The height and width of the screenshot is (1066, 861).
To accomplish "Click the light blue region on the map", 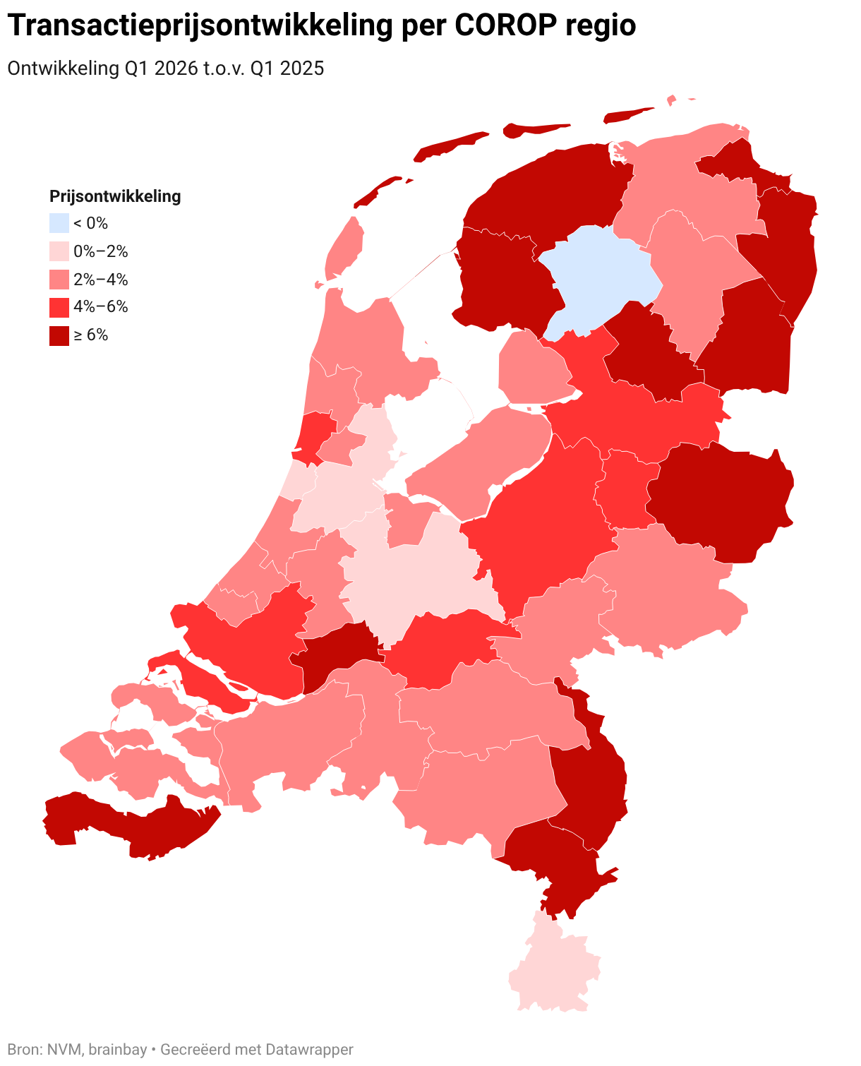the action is (600, 282).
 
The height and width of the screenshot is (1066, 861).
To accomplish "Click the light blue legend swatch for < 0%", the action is (59, 223).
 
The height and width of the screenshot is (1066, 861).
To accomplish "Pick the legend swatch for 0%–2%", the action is (59, 251).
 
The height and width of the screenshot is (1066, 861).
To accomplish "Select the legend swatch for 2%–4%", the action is (59, 280).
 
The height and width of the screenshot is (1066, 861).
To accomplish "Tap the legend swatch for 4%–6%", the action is (59, 307).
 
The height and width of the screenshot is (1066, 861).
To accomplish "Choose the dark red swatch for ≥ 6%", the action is (59, 335).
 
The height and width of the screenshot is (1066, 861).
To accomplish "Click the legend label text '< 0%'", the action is (91, 223).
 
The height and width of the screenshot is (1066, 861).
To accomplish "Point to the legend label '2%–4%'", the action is (101, 280).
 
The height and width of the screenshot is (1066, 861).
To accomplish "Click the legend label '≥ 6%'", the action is (91, 335).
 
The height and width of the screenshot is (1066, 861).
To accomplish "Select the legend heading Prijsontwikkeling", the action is (115, 196).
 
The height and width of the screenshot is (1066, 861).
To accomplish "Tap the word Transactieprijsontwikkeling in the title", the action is (200, 25).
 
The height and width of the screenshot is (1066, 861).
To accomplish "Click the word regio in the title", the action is (603, 25).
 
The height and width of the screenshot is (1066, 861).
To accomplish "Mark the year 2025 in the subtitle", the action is (301, 68).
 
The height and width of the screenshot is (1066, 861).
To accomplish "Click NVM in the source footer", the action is (66, 1050).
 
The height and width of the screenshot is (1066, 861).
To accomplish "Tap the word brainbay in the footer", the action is (116, 1050).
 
